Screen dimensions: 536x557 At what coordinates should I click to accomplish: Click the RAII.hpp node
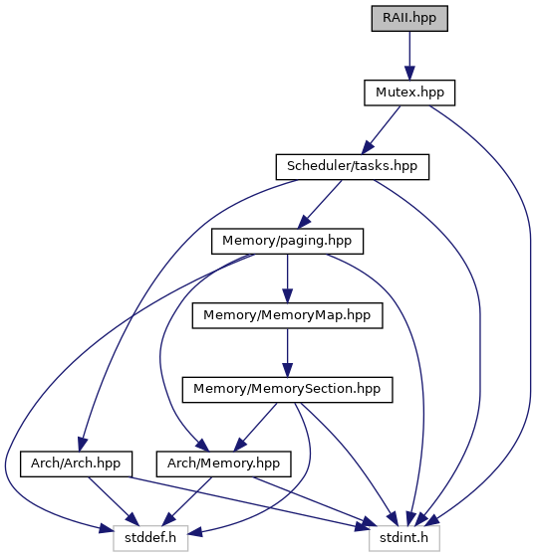pyautogui.click(x=409, y=19)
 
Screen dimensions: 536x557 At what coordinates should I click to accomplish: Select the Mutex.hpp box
pyautogui.click(x=409, y=93)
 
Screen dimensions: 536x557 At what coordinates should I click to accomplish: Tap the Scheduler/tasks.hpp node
pyautogui.click(x=353, y=167)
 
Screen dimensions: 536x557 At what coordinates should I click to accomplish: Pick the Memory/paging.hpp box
pyautogui.click(x=287, y=241)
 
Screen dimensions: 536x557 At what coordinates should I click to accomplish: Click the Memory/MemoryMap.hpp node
pyautogui.click(x=287, y=315)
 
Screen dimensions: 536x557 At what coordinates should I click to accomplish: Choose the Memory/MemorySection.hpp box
pyautogui.click(x=287, y=390)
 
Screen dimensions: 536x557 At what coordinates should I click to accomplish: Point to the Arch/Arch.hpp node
pyautogui.click(x=76, y=464)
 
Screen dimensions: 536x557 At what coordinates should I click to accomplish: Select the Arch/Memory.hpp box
pyautogui.click(x=223, y=464)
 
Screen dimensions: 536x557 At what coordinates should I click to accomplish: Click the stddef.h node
pyautogui.click(x=150, y=538)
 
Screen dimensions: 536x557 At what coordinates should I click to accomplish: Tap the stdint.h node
pyautogui.click(x=404, y=538)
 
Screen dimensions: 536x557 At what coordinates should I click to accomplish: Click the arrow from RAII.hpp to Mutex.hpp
pyautogui.click(x=409, y=56)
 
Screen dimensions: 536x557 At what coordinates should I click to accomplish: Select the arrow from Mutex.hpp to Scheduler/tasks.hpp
pyautogui.click(x=381, y=130)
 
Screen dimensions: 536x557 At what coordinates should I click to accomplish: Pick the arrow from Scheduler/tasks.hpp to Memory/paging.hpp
pyautogui.click(x=320, y=204)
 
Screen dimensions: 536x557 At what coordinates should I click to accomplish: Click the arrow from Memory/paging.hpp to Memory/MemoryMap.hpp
pyautogui.click(x=287, y=278)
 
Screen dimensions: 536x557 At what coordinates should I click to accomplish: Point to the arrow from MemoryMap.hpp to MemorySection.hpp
pyautogui.click(x=287, y=353)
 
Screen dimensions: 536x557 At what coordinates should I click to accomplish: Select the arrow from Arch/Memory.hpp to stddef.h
pyautogui.click(x=187, y=501)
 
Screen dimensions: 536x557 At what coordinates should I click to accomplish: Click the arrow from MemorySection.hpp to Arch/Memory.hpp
pyautogui.click(x=255, y=427)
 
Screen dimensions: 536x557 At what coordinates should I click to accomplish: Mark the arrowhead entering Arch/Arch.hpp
pyautogui.click(x=83, y=444)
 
